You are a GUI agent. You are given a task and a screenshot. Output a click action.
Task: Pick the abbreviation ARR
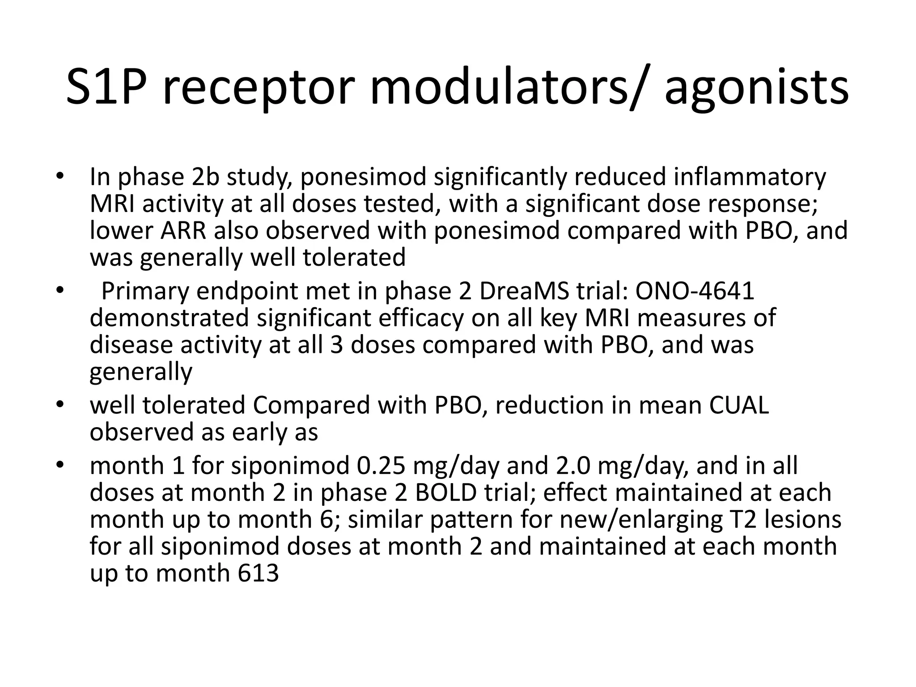point(183,231)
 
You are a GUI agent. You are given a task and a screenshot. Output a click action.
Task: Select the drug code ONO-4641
point(695,291)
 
